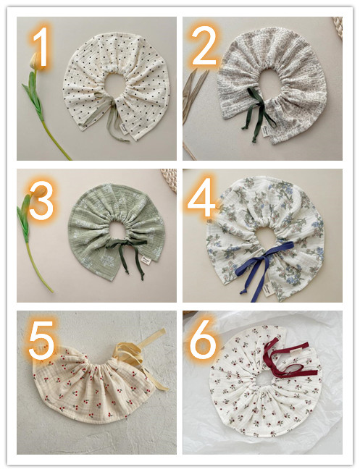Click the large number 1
(x=40, y=46)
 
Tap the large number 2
(x=204, y=45)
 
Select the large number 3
(x=41, y=201)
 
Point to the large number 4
(x=201, y=197)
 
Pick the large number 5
(x=41, y=340)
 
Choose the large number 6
(x=203, y=340)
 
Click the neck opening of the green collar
(x=117, y=230)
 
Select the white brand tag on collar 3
(x=146, y=260)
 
